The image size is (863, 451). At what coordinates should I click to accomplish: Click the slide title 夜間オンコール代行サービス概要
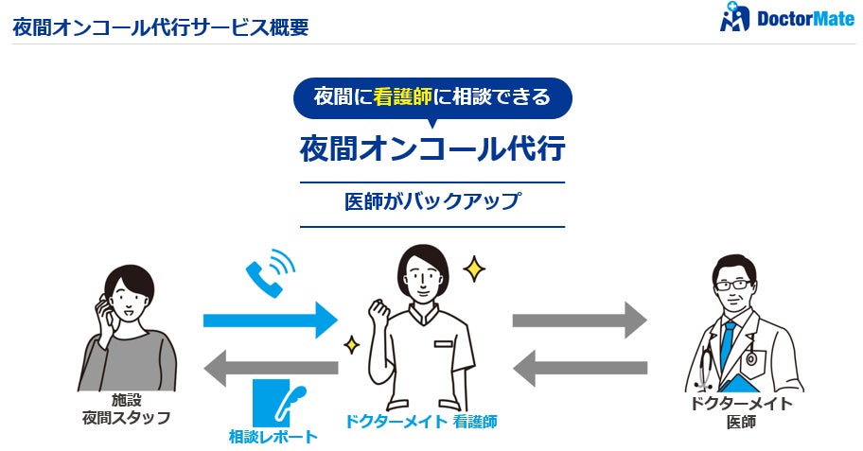pyautogui.click(x=160, y=26)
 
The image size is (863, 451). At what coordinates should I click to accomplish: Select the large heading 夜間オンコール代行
pyautogui.click(x=432, y=149)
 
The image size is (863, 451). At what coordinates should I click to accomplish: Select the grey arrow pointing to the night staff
pyautogui.click(x=270, y=368)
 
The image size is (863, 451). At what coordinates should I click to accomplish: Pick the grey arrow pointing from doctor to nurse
pyautogui.click(x=579, y=368)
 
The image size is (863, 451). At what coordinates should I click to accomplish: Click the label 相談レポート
pyautogui.click(x=273, y=437)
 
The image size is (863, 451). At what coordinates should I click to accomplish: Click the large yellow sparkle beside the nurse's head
pyautogui.click(x=473, y=269)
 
